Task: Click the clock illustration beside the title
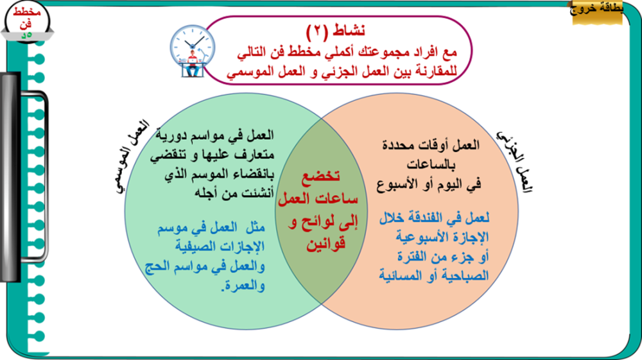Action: click(x=193, y=51)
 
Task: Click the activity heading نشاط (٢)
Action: click(x=336, y=31)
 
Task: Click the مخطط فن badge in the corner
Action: click(x=27, y=22)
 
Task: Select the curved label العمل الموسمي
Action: click(x=131, y=157)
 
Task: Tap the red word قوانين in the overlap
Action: click(x=326, y=244)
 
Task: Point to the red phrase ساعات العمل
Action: click(x=318, y=199)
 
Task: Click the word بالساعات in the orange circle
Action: click(x=431, y=165)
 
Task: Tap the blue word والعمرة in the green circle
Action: click(x=245, y=286)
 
